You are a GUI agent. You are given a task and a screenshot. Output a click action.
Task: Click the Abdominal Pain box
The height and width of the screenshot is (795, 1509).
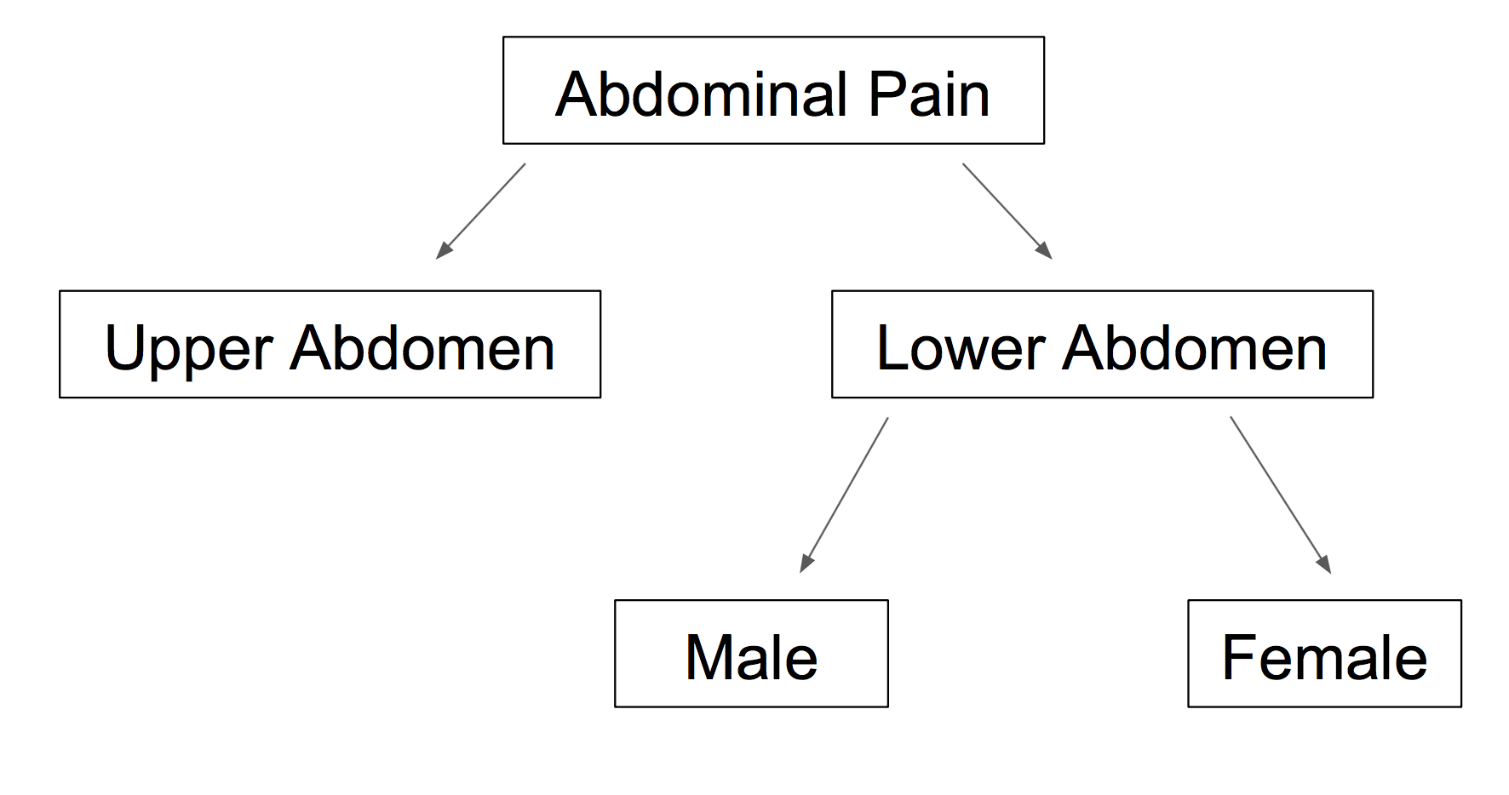[x=773, y=90]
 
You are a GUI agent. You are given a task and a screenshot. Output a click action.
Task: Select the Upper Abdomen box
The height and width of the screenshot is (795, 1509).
[x=330, y=344]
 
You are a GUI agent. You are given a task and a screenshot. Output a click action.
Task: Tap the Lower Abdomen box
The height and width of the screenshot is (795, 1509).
[x=1102, y=344]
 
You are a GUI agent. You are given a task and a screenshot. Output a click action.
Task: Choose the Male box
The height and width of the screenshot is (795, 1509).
[x=751, y=654]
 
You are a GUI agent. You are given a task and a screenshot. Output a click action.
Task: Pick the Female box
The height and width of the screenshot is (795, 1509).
[x=1324, y=654]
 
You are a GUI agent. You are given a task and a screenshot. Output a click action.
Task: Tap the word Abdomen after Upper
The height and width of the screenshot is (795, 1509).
[x=422, y=348]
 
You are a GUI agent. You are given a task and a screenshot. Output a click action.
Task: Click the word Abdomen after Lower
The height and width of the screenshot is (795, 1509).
[x=1195, y=348]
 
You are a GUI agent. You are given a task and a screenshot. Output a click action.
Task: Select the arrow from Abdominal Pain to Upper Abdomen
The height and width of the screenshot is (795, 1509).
[x=480, y=211]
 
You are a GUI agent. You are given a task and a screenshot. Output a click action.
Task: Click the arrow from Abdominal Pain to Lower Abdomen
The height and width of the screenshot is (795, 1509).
[x=1007, y=211]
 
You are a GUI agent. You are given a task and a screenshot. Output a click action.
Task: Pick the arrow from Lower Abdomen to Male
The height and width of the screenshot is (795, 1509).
[x=844, y=495]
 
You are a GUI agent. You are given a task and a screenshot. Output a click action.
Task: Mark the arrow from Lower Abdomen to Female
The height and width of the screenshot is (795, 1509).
[x=1280, y=495]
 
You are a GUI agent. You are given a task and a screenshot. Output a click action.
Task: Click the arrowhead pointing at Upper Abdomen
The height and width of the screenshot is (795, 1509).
[x=442, y=251]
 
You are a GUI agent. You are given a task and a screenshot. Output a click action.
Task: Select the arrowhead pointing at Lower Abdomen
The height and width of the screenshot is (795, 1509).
[x=1046, y=251]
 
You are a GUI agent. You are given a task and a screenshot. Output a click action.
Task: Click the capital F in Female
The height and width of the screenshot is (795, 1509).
[x=1241, y=657]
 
